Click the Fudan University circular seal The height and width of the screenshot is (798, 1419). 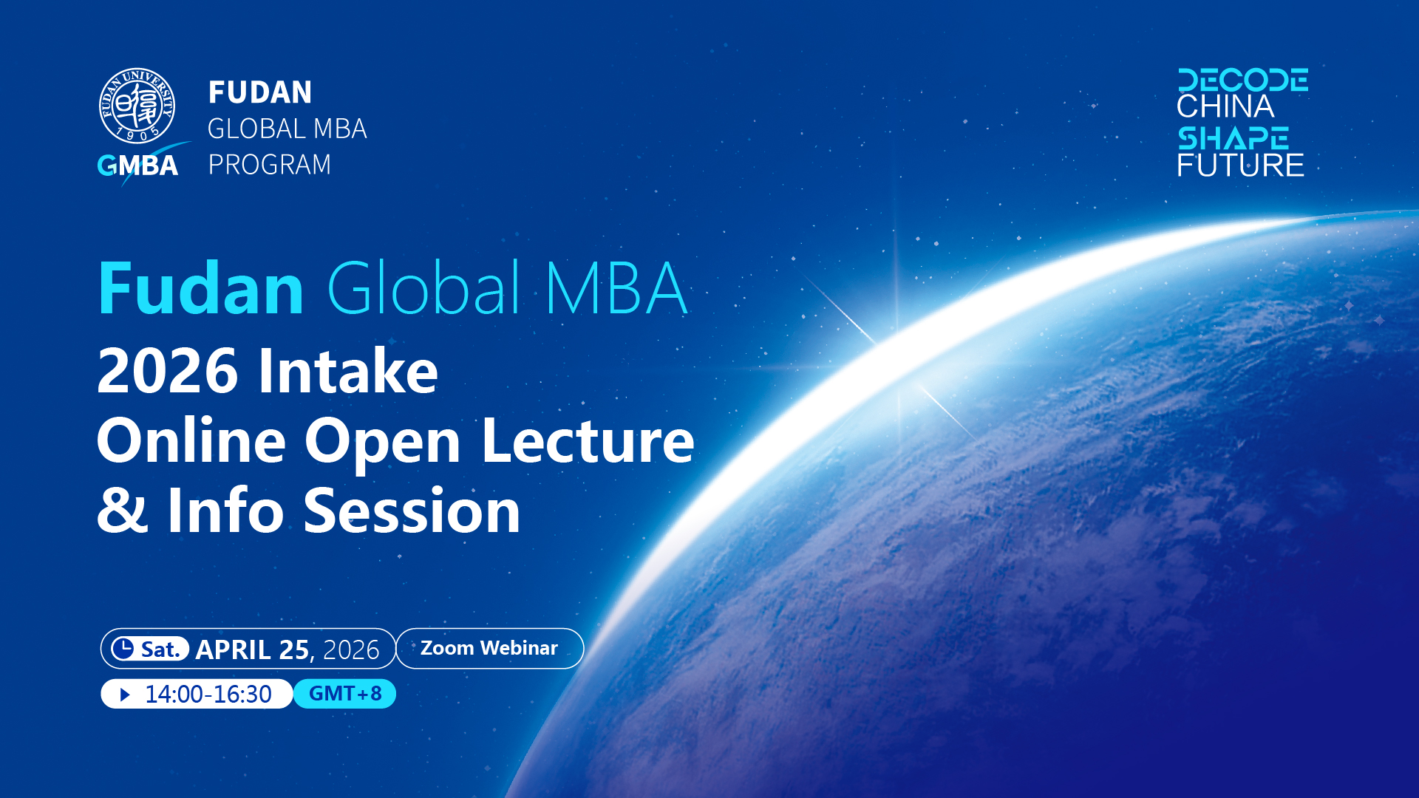pyautogui.click(x=137, y=106)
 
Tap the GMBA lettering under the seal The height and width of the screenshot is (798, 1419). pyautogui.click(x=138, y=166)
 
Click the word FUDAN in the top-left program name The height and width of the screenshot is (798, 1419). pyautogui.click(x=260, y=93)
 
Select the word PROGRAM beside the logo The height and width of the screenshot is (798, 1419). pyautogui.click(x=270, y=165)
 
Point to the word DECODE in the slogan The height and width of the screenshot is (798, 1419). pyautogui.click(x=1242, y=80)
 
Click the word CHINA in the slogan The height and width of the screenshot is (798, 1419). pyautogui.click(x=1225, y=107)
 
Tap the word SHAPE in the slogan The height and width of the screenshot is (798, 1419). pyautogui.click(x=1233, y=138)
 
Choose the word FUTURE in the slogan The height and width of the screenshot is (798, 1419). pyautogui.click(x=1240, y=165)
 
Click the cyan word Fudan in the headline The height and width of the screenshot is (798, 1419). pyautogui.click(x=200, y=288)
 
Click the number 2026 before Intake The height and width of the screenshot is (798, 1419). pyautogui.click(x=168, y=371)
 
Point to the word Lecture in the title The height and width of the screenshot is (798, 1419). pyautogui.click(x=588, y=441)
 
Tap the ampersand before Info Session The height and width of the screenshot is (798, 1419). pyautogui.click(x=123, y=511)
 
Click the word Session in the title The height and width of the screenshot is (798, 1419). pyautogui.click(x=412, y=511)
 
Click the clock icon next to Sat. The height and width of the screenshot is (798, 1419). pyautogui.click(x=123, y=648)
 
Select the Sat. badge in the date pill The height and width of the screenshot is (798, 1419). pyautogui.click(x=150, y=649)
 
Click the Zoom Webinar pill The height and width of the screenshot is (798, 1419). pyautogui.click(x=489, y=648)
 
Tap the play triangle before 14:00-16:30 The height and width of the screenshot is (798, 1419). pyautogui.click(x=125, y=695)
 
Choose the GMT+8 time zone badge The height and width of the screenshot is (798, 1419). pyautogui.click(x=345, y=694)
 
